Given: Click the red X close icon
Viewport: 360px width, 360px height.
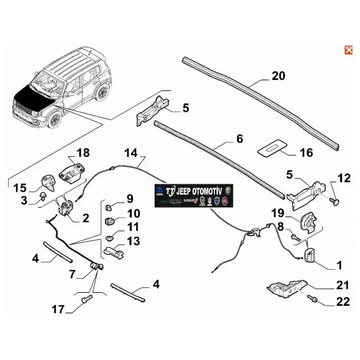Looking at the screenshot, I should tap(348, 50).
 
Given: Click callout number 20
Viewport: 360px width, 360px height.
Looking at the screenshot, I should tap(278, 76).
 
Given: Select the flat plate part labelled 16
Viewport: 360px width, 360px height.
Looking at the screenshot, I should tap(271, 148).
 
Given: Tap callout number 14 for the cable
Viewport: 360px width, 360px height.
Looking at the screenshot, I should tap(131, 153).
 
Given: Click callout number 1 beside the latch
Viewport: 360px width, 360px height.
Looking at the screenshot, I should tap(338, 265).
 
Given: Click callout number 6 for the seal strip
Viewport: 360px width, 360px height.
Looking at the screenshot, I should tap(239, 139).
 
